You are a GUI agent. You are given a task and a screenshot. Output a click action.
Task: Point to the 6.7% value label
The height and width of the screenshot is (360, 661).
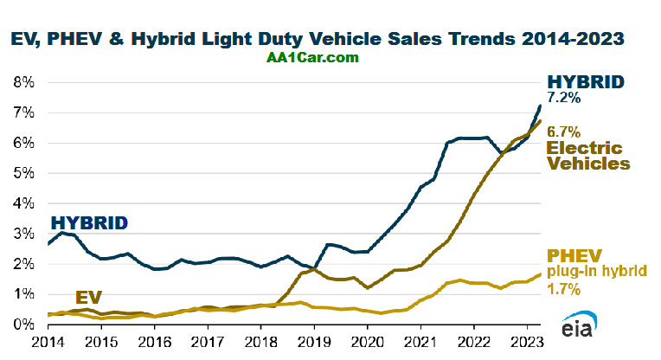(563, 131)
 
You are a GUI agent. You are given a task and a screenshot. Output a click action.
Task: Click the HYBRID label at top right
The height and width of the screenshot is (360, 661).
(586, 82)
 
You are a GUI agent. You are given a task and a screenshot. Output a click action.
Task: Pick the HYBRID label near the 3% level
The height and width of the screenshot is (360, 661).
(88, 222)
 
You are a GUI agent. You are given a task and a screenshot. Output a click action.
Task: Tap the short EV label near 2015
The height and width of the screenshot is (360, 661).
(90, 298)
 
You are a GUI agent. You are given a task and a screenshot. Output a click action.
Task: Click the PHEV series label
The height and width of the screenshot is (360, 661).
(573, 255)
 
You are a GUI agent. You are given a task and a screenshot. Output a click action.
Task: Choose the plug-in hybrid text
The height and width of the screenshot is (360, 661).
(596, 271)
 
